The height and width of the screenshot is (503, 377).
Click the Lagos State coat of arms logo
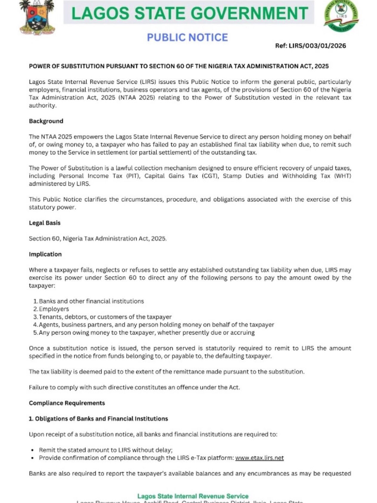(37, 17)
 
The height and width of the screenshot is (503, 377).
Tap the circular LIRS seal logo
(341, 16)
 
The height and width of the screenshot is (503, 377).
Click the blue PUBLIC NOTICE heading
(187, 37)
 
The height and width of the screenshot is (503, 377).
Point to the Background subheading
(46, 121)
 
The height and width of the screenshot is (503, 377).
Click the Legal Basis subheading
(44, 223)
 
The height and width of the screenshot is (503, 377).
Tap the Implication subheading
(45, 254)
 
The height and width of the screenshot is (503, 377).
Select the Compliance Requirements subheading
(67, 403)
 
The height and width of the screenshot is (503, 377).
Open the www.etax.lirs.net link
(259, 458)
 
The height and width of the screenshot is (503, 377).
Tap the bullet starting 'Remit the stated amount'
(106, 450)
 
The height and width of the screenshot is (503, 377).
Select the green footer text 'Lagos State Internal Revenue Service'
(193, 496)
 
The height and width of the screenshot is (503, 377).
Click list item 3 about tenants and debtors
(105, 317)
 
